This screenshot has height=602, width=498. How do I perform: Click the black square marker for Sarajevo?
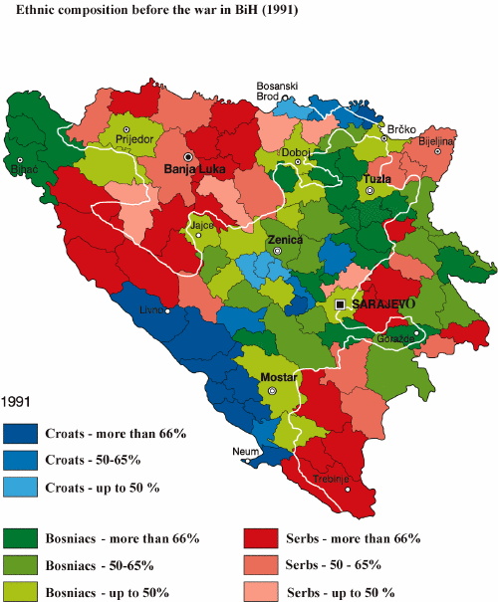point(341,303)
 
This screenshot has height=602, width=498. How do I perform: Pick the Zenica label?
point(285,240)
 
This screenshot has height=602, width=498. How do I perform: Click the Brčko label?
point(400,130)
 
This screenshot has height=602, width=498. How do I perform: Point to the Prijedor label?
point(135,140)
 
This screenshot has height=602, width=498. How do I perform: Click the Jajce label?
point(202,227)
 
